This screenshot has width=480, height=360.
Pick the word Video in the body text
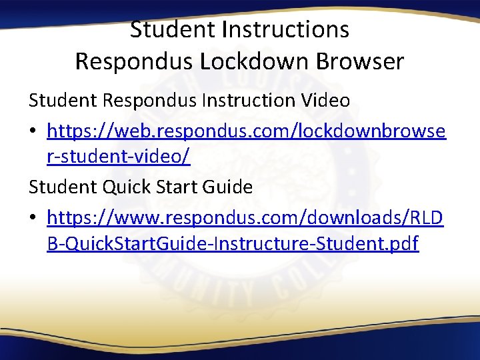(326, 101)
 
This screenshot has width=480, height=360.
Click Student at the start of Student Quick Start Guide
(61, 187)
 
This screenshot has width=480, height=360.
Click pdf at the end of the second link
(403, 244)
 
